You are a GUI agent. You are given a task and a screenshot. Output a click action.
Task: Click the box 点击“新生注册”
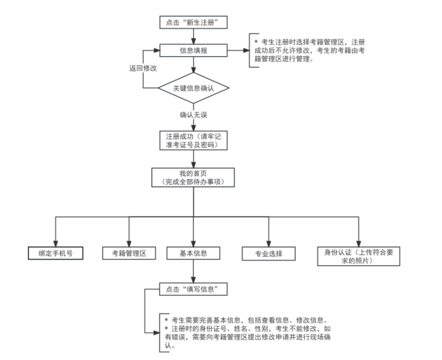[194, 22]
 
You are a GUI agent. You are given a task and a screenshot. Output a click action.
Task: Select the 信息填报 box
[194, 51]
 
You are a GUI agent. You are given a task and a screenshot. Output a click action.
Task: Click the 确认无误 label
[194, 115]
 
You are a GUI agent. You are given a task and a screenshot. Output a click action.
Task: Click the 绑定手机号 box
[55, 253]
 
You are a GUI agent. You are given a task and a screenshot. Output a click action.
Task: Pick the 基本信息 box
[193, 253]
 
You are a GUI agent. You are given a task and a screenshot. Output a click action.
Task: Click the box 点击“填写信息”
[193, 289]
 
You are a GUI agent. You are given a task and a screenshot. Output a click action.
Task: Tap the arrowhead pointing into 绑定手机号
[55, 242]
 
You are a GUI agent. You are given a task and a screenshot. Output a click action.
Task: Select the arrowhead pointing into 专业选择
[268, 242]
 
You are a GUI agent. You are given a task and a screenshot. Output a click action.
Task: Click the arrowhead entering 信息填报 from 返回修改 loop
[157, 51]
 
